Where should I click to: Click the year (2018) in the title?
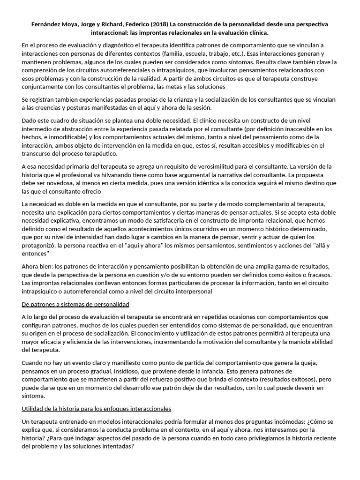click(x=157, y=24)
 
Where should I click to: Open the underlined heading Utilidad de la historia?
click(x=96, y=408)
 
